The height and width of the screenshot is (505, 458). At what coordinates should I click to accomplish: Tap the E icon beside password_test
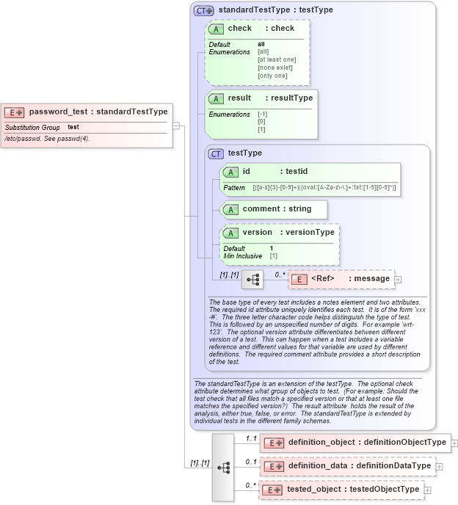15,112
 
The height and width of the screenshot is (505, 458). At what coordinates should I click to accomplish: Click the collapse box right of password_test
176,126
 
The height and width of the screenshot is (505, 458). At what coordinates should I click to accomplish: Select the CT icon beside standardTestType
203,10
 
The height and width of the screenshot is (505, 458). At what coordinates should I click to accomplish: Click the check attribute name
239,28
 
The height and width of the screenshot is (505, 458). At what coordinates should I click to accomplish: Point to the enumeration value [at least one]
277,59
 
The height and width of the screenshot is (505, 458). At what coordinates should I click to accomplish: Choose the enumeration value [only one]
272,76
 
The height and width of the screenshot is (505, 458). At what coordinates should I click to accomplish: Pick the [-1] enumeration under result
262,115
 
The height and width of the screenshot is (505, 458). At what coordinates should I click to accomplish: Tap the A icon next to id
230,172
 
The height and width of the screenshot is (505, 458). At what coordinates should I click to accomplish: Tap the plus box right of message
399,280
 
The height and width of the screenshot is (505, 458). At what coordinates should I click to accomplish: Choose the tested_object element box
341,489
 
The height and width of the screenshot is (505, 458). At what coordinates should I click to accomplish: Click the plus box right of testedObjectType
428,490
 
